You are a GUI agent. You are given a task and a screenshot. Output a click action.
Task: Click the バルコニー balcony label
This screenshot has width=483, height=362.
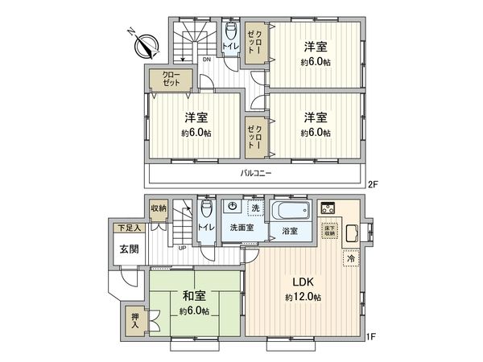pos(254,173)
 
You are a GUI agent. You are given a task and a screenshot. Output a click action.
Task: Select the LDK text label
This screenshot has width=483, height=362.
pos(302,282)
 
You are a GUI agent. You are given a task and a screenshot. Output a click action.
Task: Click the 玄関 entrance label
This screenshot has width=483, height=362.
pos(128,249)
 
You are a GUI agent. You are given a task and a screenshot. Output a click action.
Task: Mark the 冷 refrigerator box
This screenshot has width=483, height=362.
pos(350,258)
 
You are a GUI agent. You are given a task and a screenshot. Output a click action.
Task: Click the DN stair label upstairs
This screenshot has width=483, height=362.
pos(207,60)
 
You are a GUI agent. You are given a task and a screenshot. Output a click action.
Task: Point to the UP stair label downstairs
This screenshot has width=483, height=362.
pos(183,247)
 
